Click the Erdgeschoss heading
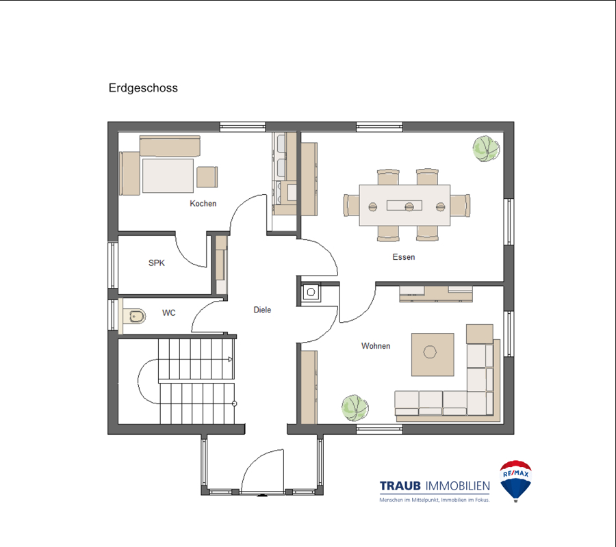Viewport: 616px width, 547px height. [143, 88]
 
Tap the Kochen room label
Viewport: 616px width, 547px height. [203, 203]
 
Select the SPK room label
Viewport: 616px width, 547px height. [156, 263]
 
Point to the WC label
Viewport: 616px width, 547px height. [169, 312]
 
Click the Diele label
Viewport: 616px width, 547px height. [262, 310]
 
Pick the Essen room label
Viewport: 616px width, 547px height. [404, 257]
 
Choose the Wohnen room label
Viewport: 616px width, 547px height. [376, 346]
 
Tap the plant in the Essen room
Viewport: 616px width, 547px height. [487, 149]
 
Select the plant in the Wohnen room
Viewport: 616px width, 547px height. [355, 408]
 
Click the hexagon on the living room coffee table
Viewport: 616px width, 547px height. [430, 351]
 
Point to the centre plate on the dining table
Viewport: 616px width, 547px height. [409, 206]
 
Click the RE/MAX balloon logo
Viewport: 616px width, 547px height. [516, 481]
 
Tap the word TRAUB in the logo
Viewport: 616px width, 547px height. [400, 485]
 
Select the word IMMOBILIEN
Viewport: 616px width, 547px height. [458, 486]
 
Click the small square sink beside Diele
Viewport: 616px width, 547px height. [311, 292]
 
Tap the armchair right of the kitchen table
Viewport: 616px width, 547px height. [207, 177]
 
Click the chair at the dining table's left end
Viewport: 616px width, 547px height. [351, 205]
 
